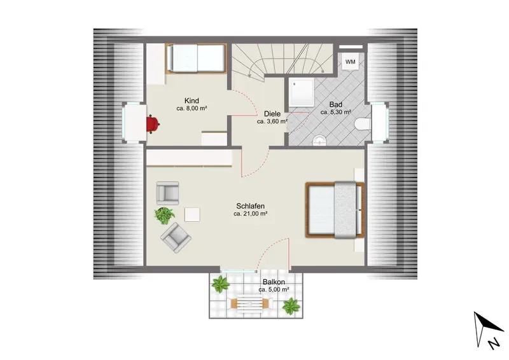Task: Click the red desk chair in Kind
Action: click(x=153, y=124)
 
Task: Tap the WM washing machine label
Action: click(x=351, y=62)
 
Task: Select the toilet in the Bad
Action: click(x=363, y=124)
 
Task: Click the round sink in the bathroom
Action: click(x=320, y=141)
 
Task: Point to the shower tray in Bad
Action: click(x=301, y=92)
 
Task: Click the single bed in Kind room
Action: click(x=196, y=59)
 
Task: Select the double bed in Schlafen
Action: click(x=335, y=210)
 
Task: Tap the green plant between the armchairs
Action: click(x=164, y=215)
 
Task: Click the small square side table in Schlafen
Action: click(x=192, y=214)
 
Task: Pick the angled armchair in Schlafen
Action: click(x=176, y=238)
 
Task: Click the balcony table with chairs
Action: click(x=249, y=304)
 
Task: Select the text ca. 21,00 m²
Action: click(x=250, y=214)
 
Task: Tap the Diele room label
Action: click(x=272, y=114)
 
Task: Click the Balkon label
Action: click(x=274, y=282)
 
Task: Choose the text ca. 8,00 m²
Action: click(x=192, y=108)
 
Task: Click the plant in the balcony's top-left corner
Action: click(x=221, y=284)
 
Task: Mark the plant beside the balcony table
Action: click(x=291, y=306)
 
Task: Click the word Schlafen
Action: click(x=250, y=206)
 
